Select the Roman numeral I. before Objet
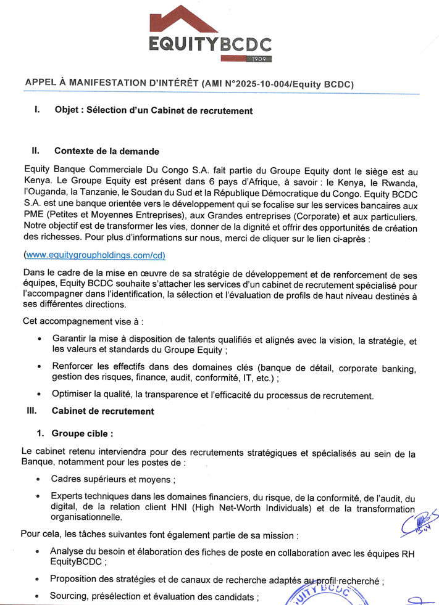coord(37,111)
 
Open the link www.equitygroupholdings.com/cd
coord(94,255)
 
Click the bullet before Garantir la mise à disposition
coord(40,340)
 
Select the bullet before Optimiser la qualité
coord(40,395)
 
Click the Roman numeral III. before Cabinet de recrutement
coord(31,410)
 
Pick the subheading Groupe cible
coord(83,432)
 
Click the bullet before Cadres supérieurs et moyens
coord(40,479)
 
